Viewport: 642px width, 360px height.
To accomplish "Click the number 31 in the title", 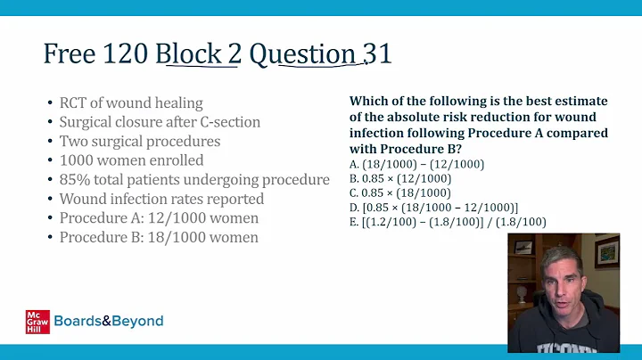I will (x=377, y=55).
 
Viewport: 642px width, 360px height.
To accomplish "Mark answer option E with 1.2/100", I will (x=448, y=221).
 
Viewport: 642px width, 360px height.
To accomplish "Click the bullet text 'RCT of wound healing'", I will (x=131, y=102).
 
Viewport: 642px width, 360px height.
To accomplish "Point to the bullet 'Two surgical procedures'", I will (x=139, y=141).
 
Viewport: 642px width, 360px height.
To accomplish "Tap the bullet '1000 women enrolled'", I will (x=131, y=160).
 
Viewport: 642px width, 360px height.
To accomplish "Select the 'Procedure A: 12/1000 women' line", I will (x=159, y=218).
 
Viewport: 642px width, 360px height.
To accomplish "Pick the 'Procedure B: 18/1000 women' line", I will (x=159, y=238).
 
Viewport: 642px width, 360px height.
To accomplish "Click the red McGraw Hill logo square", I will (x=37, y=321).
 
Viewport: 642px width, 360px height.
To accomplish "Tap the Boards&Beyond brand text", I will (x=109, y=321).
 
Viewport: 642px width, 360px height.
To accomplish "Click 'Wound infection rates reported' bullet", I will (x=161, y=199).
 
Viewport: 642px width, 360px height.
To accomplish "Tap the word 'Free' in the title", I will (x=70, y=55).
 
